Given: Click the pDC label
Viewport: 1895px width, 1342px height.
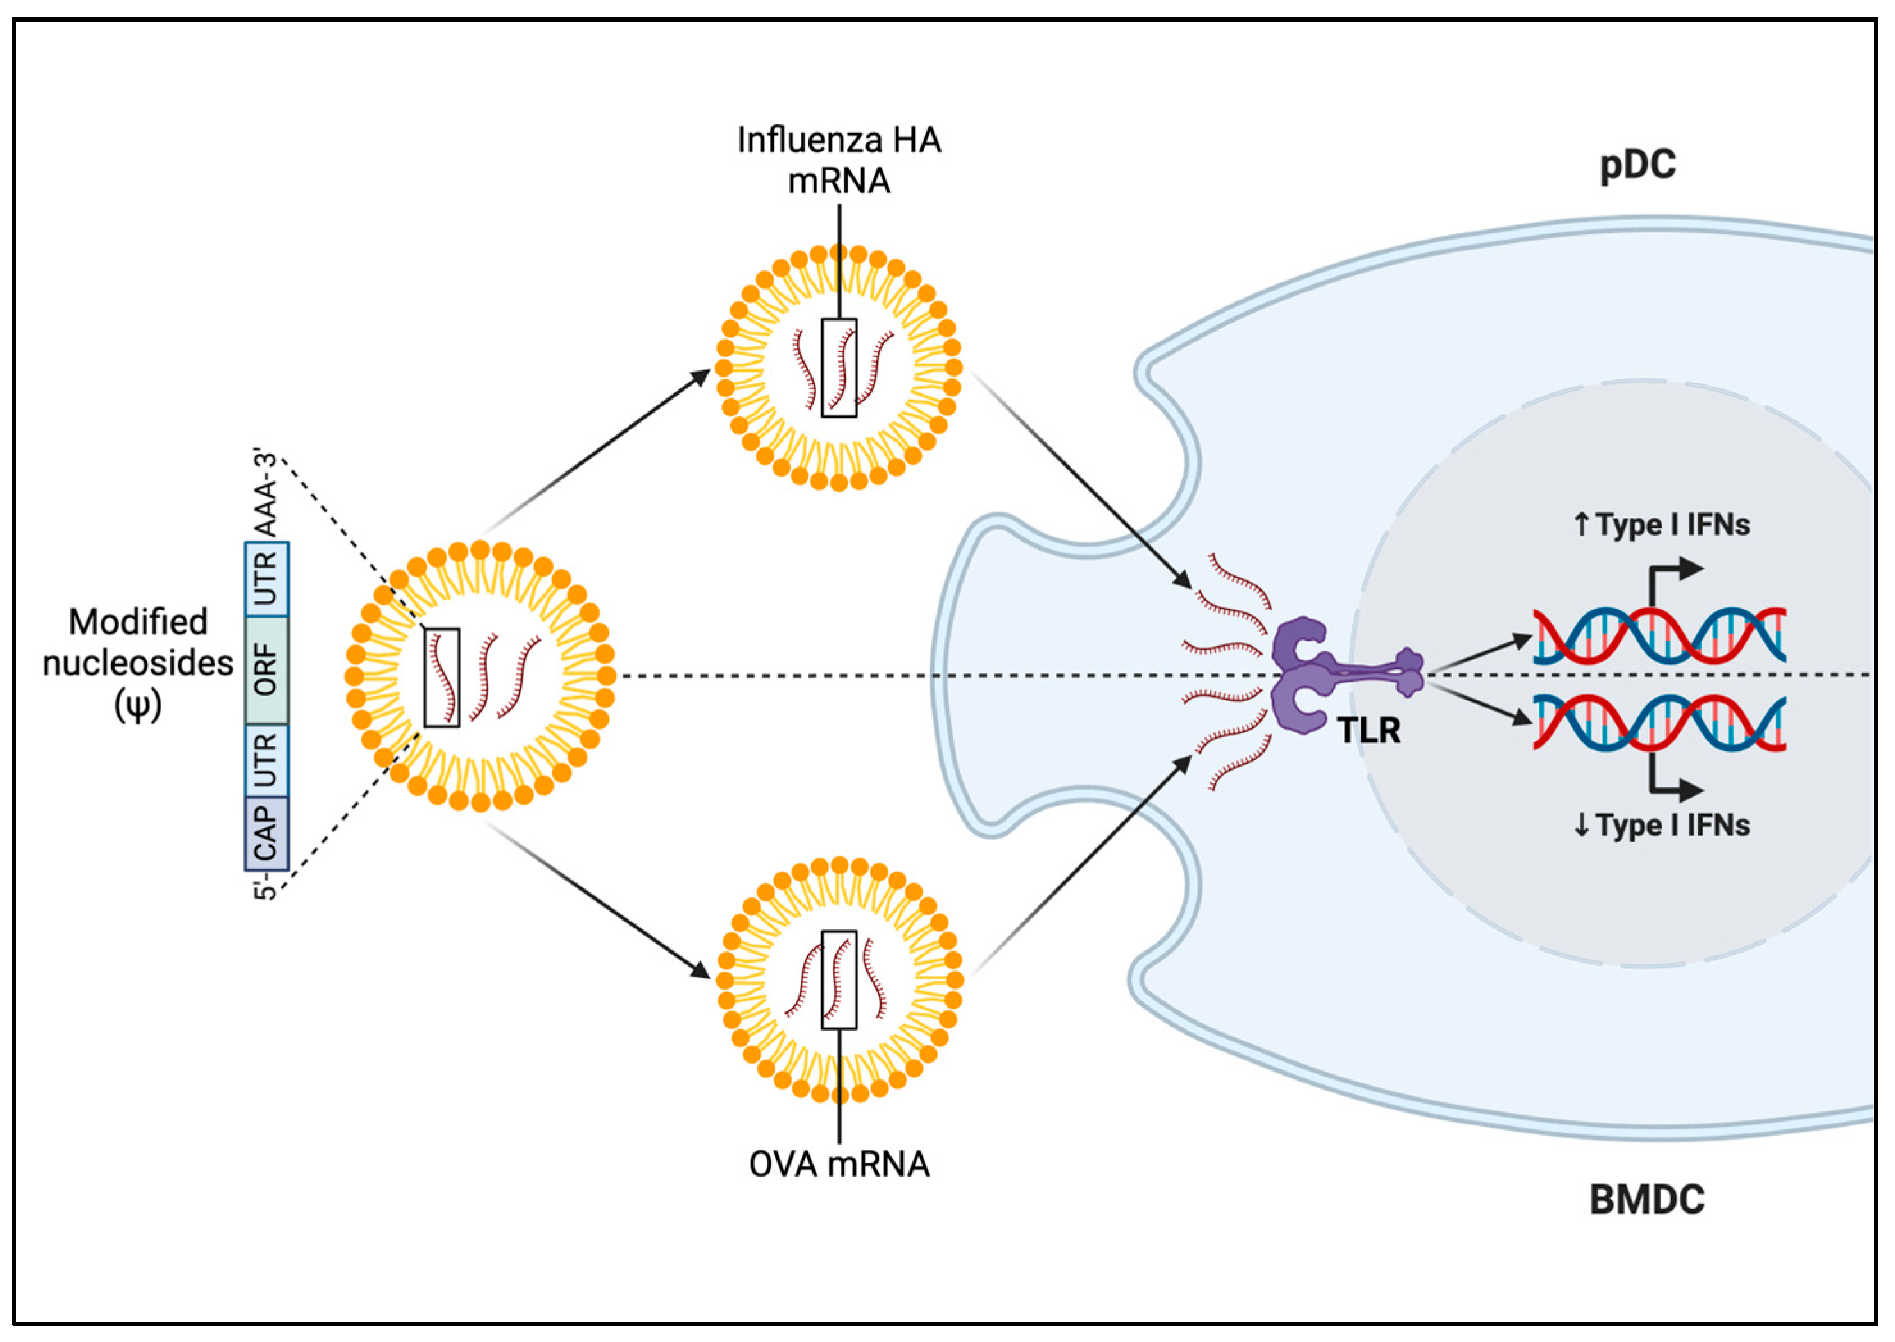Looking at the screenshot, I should tap(1637, 165).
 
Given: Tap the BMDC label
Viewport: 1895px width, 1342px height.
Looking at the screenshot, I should tap(1646, 1199).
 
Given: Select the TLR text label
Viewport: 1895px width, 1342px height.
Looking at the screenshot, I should tap(1368, 730).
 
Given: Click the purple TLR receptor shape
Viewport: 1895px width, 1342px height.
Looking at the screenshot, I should tap(1306, 675).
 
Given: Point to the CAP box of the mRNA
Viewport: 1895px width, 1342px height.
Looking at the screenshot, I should tap(266, 833).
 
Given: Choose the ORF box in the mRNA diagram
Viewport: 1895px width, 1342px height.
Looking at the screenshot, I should tap(266, 669).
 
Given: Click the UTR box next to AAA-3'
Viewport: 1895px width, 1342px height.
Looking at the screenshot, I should tap(266, 578).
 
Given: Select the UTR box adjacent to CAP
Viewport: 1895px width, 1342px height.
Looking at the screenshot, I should tap(266, 760).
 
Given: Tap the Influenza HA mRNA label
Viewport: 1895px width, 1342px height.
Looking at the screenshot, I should tap(839, 160).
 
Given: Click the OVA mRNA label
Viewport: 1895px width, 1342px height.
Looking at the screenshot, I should tap(839, 1165).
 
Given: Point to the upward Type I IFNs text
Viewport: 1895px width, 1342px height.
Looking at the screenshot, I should tap(1661, 525).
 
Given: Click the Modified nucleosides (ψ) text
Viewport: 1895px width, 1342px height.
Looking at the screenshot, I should tap(138, 664).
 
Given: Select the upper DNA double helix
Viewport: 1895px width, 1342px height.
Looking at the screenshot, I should tap(1659, 635).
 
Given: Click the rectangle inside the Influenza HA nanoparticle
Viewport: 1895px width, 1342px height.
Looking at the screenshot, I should tap(839, 368).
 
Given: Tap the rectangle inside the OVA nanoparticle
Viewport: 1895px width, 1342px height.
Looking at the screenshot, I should tap(839, 980).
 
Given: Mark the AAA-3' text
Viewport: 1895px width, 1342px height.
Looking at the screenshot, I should tap(266, 494).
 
